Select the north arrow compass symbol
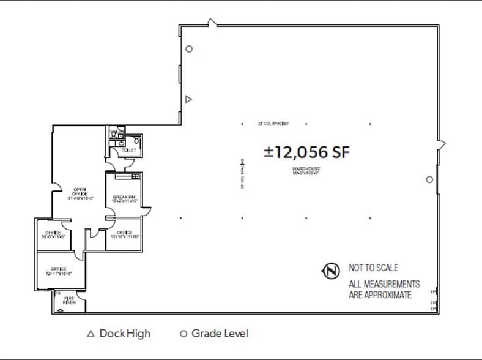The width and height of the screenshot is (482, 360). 331,271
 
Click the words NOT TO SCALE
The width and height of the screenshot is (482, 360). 373,268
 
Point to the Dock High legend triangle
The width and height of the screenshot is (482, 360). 91,334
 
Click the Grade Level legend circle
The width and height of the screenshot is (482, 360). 183,334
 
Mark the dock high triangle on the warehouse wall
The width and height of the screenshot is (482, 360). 189,99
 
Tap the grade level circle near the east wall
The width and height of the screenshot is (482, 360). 429,179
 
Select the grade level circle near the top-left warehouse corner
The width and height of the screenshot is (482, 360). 189,49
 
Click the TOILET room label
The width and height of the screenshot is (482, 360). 128,149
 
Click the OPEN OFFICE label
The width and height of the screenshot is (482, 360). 79,193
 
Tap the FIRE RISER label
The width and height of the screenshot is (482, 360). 69,301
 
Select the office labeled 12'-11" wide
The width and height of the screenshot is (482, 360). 59,271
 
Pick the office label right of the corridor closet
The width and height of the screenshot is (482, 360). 124,234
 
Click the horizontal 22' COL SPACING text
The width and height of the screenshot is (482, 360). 273,124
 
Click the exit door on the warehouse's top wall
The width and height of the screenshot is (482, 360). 212,23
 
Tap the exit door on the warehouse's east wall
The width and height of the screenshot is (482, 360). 441,145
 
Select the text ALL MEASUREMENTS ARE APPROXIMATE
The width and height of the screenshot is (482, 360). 384,289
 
